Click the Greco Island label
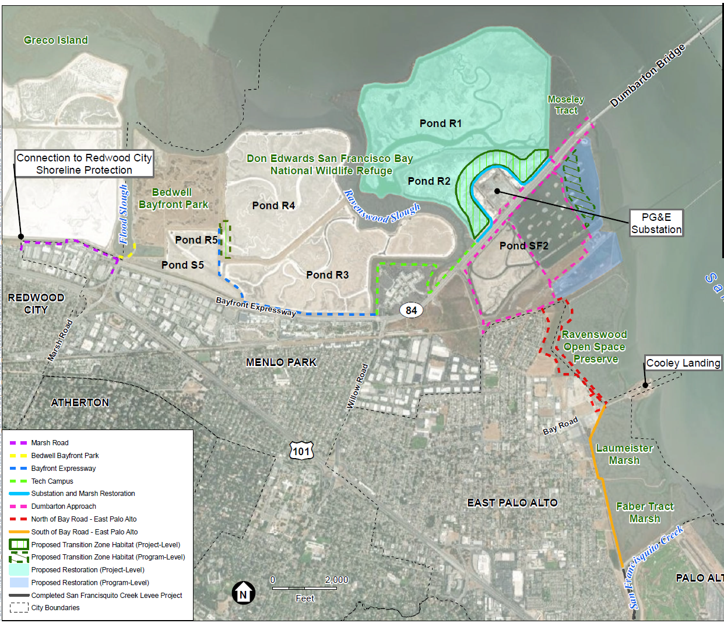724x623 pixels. click(56, 40)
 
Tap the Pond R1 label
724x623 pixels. click(441, 124)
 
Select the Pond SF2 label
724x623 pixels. click(523, 246)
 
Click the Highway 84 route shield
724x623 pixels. click(411, 310)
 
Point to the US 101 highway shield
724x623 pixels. click(301, 451)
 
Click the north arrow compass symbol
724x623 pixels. click(243, 594)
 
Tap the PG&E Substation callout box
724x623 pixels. click(656, 223)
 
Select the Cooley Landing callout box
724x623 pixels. click(683, 363)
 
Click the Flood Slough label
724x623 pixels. click(124, 214)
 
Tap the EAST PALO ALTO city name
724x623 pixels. click(512, 503)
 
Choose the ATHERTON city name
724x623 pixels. click(80, 403)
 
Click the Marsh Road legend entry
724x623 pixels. click(50, 443)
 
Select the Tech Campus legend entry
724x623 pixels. click(52, 481)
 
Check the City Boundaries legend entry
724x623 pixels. click(55, 608)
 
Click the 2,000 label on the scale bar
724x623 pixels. click(336, 580)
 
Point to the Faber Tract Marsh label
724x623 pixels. click(645, 513)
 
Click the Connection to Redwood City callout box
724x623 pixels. click(84, 164)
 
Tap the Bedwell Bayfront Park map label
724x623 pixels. click(173, 199)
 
